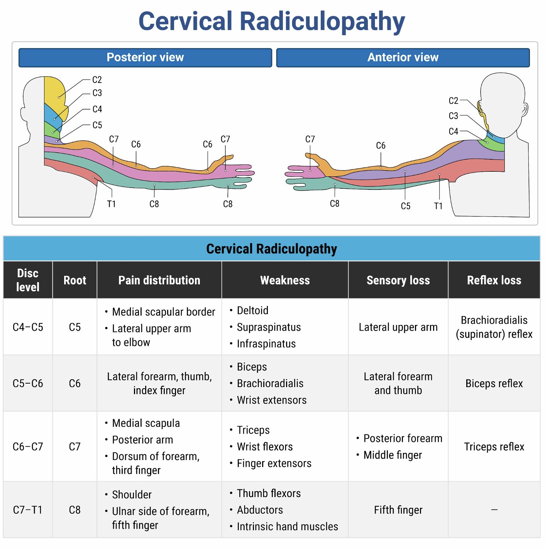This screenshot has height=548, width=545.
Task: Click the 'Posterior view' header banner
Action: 145,58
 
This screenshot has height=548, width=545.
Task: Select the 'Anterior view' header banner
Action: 403,58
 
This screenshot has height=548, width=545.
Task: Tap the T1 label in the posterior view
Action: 111,204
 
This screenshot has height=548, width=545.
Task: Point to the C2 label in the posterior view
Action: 97,80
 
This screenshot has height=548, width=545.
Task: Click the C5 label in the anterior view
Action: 405,206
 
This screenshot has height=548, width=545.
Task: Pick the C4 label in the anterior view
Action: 453,132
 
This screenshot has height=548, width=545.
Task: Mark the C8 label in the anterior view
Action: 334,204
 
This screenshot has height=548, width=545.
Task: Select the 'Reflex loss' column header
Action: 494,280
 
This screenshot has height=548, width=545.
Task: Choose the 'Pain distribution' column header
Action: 159,280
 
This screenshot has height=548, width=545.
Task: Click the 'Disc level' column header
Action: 28,280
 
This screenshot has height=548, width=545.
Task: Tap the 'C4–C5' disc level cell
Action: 28,327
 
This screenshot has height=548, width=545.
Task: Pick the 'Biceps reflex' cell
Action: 494,384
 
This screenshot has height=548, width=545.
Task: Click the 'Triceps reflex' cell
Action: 494,447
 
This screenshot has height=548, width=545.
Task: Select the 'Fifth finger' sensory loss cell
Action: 398,510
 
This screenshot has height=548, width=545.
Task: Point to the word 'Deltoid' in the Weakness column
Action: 252,311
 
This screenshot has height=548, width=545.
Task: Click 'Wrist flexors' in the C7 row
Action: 265,447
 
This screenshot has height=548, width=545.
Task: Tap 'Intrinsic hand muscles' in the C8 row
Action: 287,527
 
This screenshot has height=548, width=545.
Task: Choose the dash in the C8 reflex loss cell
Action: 494,510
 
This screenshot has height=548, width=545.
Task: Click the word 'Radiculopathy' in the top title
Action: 322,21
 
